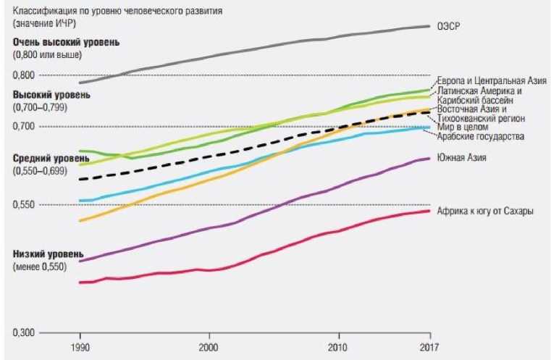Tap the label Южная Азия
click(x=461, y=157)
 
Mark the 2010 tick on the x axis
click(x=338, y=346)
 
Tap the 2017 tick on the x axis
click(x=430, y=346)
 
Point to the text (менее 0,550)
click(x=40, y=267)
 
